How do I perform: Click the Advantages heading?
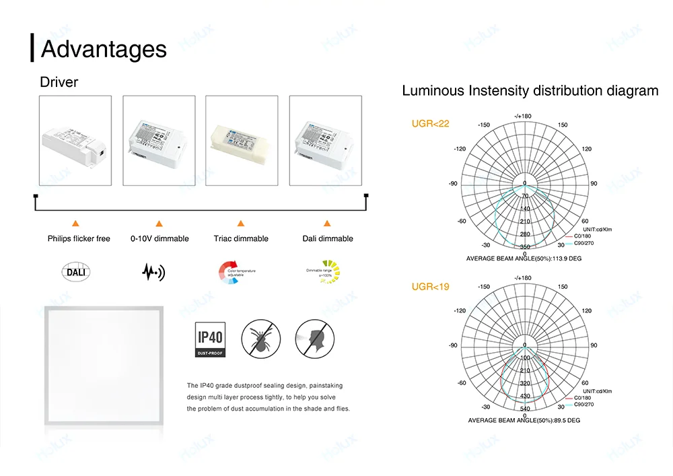coord(104,49)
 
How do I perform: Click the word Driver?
coord(59,83)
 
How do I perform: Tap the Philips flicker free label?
coord(79,239)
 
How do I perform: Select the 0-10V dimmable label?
coord(160,239)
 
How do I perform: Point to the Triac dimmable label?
coord(241,239)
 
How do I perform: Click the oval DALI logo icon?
coord(75,272)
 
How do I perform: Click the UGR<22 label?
coord(430,124)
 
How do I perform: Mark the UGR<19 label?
coord(430,287)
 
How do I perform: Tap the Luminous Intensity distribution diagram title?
coord(530,91)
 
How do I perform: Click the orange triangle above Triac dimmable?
coord(240,223)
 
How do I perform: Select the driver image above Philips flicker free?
coord(75,140)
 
